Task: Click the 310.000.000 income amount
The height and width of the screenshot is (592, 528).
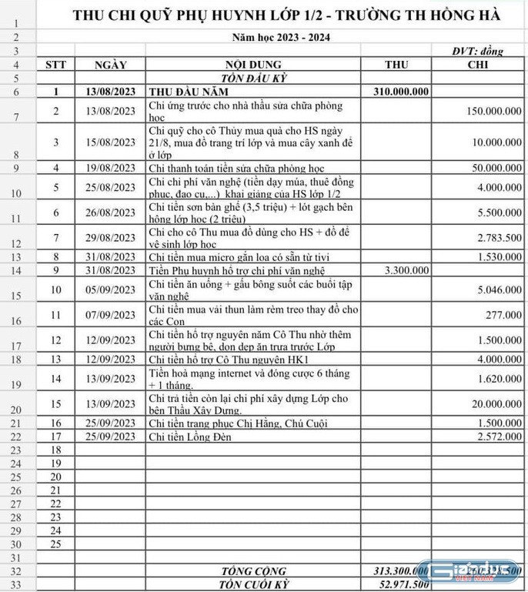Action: tap(401, 92)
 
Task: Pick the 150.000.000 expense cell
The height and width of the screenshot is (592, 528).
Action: tap(493, 112)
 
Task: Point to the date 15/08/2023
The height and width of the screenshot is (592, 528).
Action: tap(110, 142)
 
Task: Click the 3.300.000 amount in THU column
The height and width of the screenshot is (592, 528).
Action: tap(406, 270)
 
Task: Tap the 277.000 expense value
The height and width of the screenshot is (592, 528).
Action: tap(505, 315)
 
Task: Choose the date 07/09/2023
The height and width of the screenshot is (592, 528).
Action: tap(110, 315)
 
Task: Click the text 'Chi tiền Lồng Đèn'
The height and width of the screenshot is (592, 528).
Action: tap(190, 437)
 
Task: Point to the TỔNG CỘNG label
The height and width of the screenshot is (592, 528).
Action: tap(253, 571)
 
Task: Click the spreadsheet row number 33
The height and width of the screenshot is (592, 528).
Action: tap(15, 584)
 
